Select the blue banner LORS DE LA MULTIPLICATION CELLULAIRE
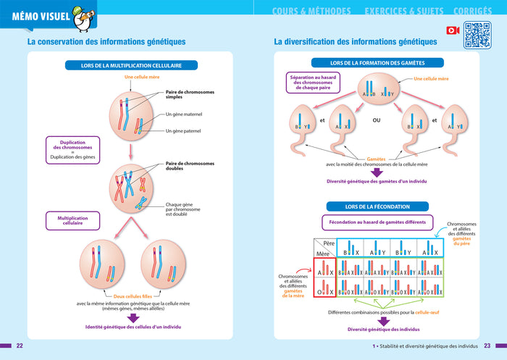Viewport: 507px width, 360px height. tap(132, 65)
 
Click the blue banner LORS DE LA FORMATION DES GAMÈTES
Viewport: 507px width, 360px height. tap(377, 63)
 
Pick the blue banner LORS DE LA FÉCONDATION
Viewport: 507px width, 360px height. tap(377, 206)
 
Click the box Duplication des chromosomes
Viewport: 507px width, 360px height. tap(72, 150)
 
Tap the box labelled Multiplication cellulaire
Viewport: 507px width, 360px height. tap(72, 220)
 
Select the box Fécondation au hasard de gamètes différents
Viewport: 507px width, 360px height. tap(377, 222)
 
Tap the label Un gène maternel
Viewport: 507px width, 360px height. tap(183, 114)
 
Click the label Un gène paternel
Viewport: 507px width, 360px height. tap(183, 131)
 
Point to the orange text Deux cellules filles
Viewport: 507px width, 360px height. tap(133, 296)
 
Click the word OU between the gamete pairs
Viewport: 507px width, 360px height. tap(377, 120)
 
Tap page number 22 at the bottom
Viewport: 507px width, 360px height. tap(20, 346)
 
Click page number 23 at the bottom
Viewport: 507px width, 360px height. tap(487, 346)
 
